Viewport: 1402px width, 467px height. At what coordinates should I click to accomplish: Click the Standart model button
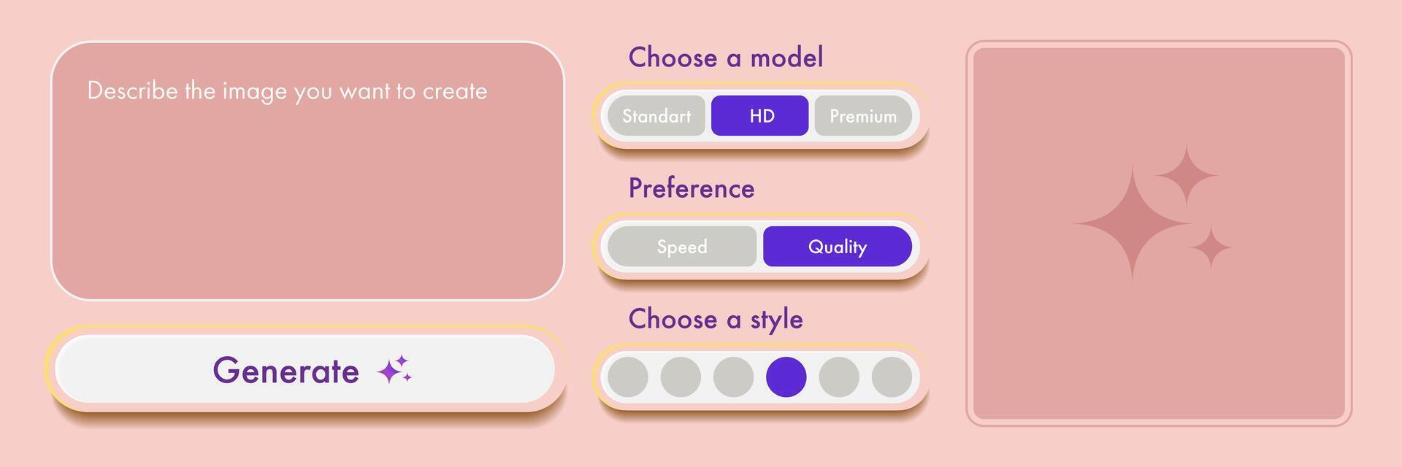656,116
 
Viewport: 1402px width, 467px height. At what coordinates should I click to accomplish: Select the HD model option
760,116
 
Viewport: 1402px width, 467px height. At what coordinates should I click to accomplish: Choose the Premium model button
863,116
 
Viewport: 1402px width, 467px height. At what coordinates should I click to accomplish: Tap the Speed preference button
682,247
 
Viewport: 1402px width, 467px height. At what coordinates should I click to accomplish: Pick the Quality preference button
838,247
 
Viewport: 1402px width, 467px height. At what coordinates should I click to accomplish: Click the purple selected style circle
786,377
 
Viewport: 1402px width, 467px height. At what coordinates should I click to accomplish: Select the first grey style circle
628,377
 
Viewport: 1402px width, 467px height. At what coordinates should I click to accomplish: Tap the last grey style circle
892,377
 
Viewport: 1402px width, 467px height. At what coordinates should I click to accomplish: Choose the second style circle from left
681,377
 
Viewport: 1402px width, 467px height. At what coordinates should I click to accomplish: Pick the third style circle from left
733,377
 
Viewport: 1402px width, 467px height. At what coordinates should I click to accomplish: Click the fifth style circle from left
839,377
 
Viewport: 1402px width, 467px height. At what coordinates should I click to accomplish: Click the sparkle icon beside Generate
394,371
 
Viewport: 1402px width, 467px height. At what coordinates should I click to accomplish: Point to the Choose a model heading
726,58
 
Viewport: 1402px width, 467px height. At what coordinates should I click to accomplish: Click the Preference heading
692,188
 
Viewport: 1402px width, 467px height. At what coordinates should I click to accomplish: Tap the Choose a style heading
716,320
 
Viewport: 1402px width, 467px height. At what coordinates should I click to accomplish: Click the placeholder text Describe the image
287,91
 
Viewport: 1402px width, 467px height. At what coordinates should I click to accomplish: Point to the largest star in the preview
1133,223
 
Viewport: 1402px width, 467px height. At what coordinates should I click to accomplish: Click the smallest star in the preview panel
1211,247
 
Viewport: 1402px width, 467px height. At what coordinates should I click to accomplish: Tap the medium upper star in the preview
1187,176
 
